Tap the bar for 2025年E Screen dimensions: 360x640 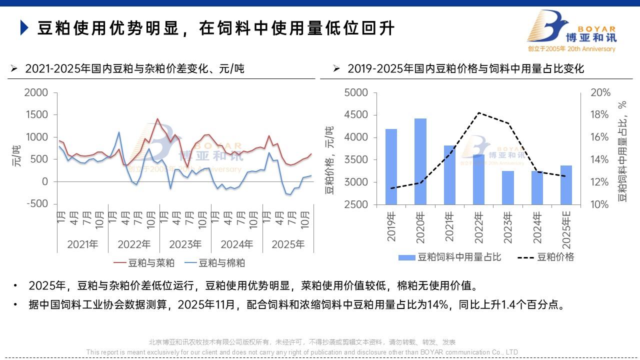click(x=566, y=184)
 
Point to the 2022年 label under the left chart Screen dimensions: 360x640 click(x=134, y=244)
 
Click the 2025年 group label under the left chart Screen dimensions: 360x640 click(x=287, y=244)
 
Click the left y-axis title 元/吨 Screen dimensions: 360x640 click(x=17, y=155)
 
